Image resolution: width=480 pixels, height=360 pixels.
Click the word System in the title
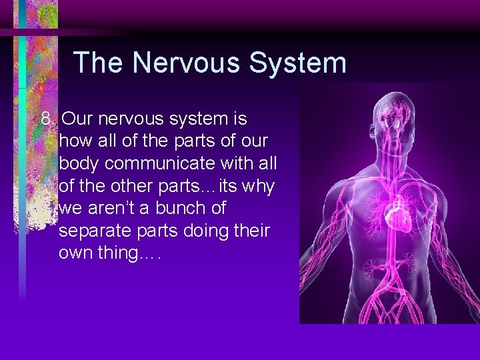click(297, 63)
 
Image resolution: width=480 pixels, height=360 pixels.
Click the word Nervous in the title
click(189, 63)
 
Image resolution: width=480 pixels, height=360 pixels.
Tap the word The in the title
click(99, 63)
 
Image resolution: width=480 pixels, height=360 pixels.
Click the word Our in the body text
click(77, 119)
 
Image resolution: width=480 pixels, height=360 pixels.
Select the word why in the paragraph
click(257, 186)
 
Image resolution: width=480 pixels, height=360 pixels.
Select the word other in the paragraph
click(123, 186)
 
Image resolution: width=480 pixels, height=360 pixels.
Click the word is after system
click(239, 119)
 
